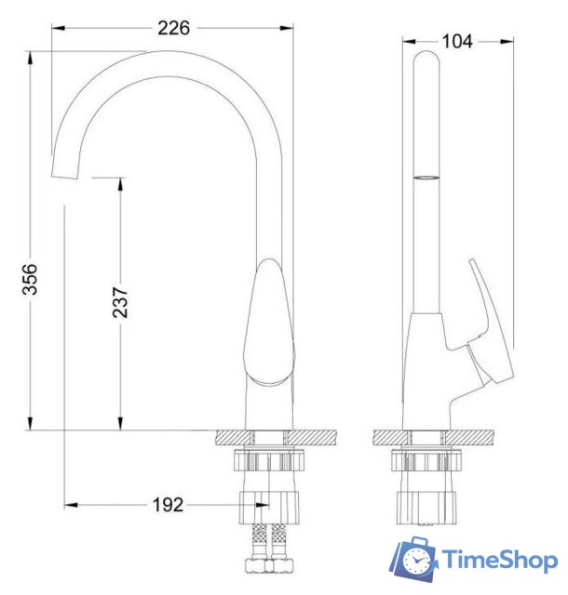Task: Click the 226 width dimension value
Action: click(x=173, y=28)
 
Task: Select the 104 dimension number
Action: click(x=457, y=40)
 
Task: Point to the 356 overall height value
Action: click(x=32, y=276)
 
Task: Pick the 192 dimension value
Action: click(x=167, y=506)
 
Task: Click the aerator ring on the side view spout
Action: click(x=425, y=175)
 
